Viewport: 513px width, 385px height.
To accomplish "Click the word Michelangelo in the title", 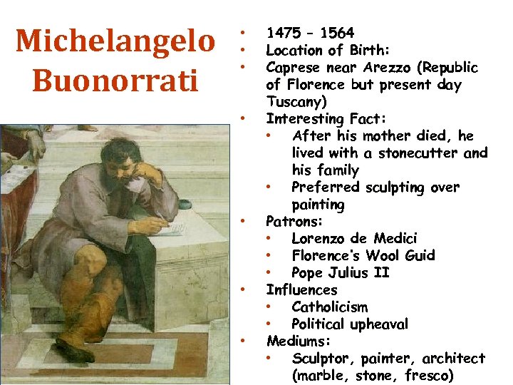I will click(x=115, y=41).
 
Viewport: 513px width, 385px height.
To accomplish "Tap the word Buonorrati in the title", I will click(x=115, y=80).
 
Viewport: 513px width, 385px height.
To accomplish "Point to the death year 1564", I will click(x=337, y=33).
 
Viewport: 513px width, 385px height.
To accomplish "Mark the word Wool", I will click(x=379, y=256).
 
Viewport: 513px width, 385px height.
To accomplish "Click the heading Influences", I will click(x=301, y=290).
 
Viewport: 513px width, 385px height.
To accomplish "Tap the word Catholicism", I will click(x=330, y=307).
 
